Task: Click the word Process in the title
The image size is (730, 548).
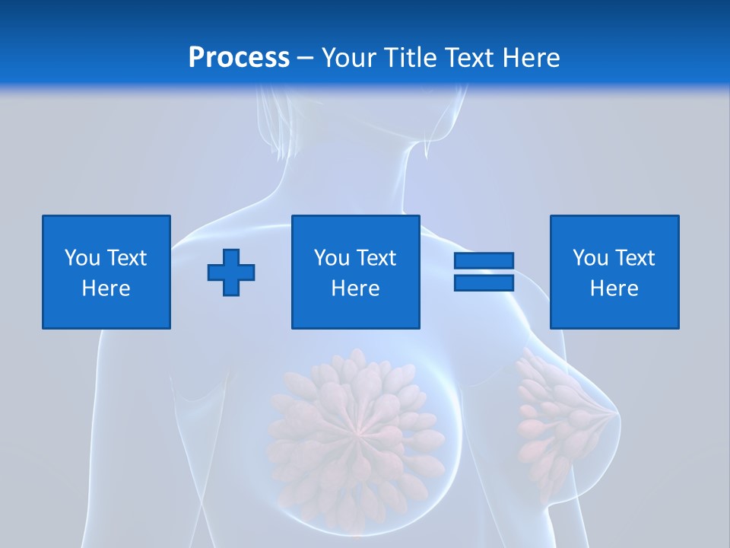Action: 239,58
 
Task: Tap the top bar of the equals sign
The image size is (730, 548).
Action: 484,261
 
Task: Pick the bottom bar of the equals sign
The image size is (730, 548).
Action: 484,283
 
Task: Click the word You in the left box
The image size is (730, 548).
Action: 82,258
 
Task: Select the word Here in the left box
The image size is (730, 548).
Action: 106,288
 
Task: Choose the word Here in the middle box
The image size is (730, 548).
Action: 356,288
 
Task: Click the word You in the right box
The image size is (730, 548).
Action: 590,258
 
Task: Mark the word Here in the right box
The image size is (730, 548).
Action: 614,288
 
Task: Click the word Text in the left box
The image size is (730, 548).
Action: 126,258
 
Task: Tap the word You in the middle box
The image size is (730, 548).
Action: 332,258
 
